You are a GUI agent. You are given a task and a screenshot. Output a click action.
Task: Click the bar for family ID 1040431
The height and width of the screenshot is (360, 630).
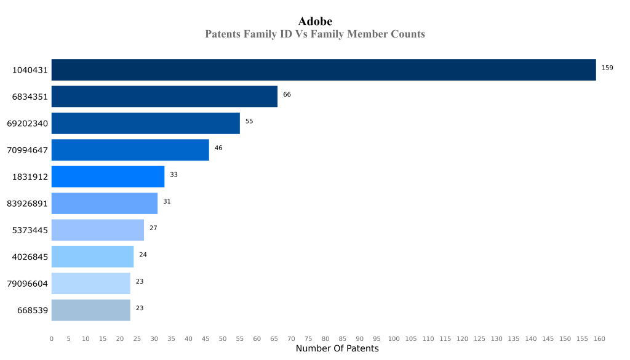pos(324,70)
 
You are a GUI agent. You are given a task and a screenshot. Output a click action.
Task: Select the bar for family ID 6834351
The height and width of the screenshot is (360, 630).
pos(164,97)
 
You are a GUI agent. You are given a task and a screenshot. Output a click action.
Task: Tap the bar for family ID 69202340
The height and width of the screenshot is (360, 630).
pos(145,123)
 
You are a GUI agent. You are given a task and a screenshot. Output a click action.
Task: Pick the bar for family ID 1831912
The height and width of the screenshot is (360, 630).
pos(108,177)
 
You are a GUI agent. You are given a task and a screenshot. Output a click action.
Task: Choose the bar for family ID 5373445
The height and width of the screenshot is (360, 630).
pos(97,230)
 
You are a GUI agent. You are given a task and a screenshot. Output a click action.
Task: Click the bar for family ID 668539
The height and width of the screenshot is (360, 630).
pos(90,310)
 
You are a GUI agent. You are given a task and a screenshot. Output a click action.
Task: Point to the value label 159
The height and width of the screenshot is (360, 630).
pos(607,68)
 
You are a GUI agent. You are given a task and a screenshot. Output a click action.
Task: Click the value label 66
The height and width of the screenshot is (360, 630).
pos(287,94)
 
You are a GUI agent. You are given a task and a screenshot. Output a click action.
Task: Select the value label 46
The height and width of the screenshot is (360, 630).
pos(218,148)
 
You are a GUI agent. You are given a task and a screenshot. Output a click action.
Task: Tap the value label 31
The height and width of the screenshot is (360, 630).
pos(167,201)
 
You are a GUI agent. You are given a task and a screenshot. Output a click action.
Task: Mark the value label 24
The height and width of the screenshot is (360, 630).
pos(143,255)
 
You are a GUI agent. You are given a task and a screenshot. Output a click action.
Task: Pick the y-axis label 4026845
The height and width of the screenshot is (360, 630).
pos(30,257)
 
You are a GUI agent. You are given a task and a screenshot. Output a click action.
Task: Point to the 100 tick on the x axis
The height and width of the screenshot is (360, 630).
pos(394,338)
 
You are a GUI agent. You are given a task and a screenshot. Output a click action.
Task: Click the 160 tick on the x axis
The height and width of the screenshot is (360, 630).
pos(599,338)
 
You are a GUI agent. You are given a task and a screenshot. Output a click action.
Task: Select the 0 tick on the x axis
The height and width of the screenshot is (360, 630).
pos(52,338)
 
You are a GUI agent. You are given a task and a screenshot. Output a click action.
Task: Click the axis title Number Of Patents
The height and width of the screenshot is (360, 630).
pos(337,349)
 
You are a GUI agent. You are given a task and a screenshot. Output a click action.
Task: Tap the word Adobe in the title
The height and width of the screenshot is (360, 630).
pos(315,22)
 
